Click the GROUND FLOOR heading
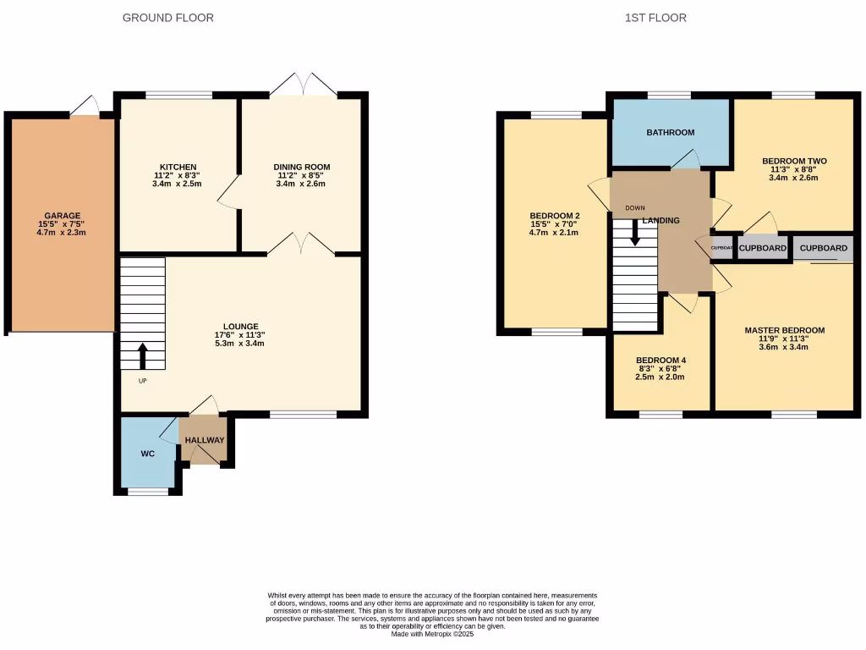(x=168, y=18)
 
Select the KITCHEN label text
(x=178, y=167)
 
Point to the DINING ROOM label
(x=301, y=167)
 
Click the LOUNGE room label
(x=241, y=327)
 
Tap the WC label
(x=148, y=454)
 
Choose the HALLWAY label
(x=205, y=440)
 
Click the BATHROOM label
(x=671, y=133)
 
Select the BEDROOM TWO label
(x=794, y=161)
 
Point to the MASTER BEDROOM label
(x=784, y=330)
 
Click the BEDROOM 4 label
(x=660, y=361)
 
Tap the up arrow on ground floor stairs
(x=142, y=355)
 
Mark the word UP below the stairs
(x=141, y=381)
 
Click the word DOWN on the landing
(x=635, y=207)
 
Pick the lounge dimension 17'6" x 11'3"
(x=241, y=335)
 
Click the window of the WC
(x=148, y=491)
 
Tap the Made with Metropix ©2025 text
(x=432, y=634)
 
